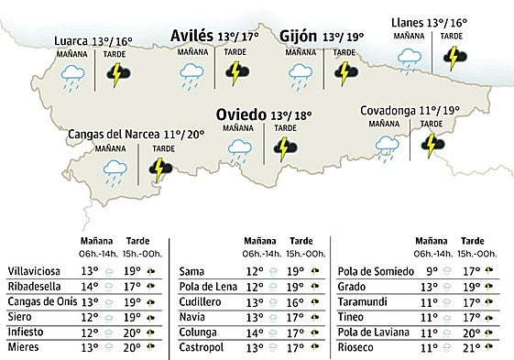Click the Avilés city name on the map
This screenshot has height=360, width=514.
tap(191, 37)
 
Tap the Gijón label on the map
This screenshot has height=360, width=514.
tap(299, 37)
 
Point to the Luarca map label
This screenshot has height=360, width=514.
tap(71, 41)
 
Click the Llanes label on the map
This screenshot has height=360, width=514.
tap(406, 22)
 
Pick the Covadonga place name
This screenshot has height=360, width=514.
tap(388, 110)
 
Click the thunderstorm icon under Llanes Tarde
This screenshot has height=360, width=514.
tap(452, 60)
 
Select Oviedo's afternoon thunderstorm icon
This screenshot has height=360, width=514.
tap(285, 148)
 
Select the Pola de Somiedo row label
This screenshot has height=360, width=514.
tap(372, 271)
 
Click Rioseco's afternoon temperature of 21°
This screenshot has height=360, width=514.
tap(473, 348)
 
